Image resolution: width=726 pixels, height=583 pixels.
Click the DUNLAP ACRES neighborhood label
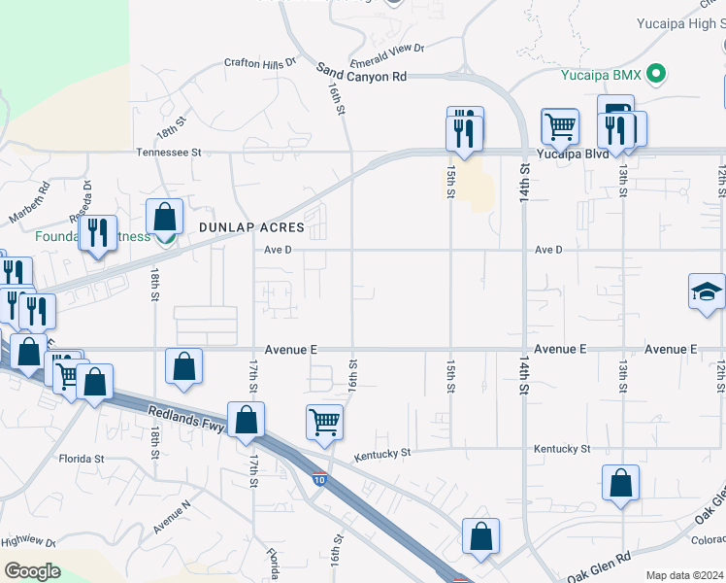point(251,227)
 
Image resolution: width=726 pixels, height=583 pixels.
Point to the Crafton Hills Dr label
point(259,63)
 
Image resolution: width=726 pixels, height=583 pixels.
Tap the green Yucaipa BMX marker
point(657,73)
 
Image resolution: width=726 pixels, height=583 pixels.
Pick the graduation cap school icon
point(707,291)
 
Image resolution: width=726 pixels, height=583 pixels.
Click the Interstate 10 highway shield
point(319,479)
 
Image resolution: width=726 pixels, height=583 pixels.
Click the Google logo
point(31,570)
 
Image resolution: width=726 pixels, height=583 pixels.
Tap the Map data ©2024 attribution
point(684,575)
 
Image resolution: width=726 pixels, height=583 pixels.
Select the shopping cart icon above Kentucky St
point(324,422)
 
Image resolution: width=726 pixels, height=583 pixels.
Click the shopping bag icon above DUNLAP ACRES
point(165,216)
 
